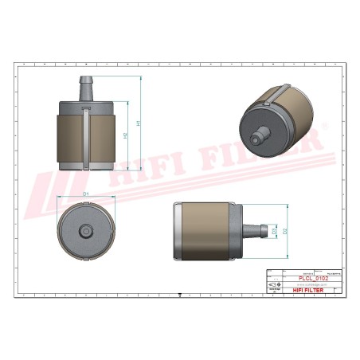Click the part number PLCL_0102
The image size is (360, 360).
click(312, 278)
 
